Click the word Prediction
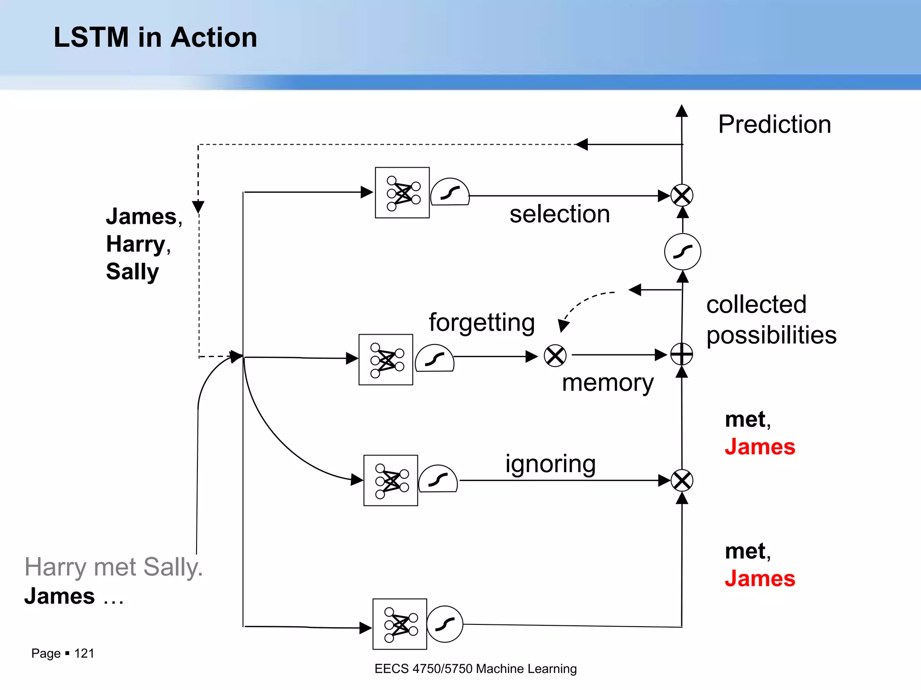point(774,124)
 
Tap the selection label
point(559,214)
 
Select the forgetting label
point(482,323)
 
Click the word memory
point(608,383)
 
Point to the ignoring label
point(550,464)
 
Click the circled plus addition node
point(682,354)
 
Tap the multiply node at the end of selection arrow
point(682,195)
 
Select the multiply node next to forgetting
point(555,356)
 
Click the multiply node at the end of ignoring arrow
point(682,481)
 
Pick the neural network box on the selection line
point(402,193)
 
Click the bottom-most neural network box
point(399,624)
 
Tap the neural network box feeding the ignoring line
point(390,480)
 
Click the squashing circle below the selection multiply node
point(682,252)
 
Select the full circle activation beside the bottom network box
point(444,624)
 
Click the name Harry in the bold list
point(136,244)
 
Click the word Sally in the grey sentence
point(173,567)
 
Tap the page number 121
point(84,653)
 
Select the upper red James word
point(760,447)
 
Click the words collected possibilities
point(771,320)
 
